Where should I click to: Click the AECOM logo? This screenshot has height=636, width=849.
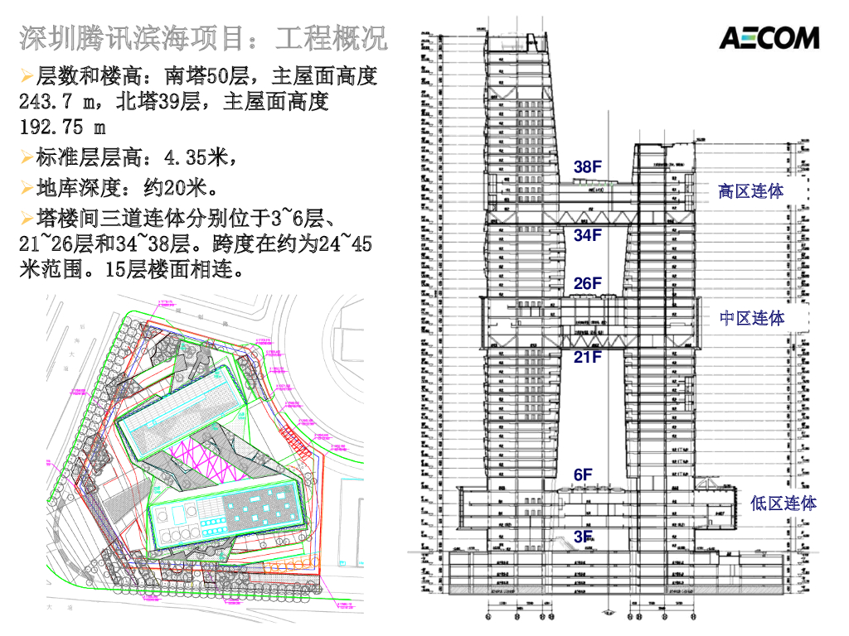(769, 37)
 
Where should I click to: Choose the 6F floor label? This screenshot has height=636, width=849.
(583, 475)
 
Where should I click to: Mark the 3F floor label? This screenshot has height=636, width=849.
(583, 537)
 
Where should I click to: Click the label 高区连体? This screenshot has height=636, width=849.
(750, 191)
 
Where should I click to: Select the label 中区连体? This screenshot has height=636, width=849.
(751, 318)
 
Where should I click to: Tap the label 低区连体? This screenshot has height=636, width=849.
(783, 503)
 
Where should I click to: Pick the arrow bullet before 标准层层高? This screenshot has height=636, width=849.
(27, 157)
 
